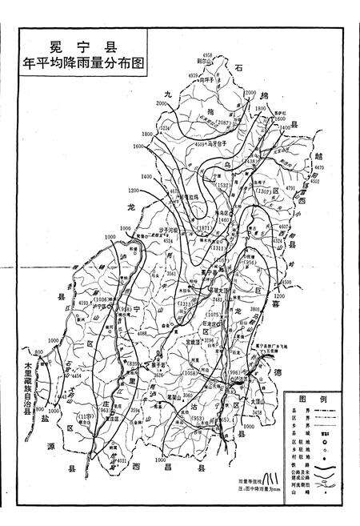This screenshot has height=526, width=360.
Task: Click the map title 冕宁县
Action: tap(81, 46)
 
